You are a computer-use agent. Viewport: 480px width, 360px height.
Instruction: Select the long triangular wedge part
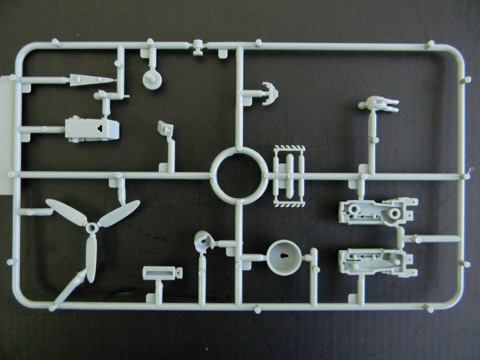[x=90, y=80]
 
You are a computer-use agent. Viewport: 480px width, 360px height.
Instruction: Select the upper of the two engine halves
[x=378, y=211]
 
